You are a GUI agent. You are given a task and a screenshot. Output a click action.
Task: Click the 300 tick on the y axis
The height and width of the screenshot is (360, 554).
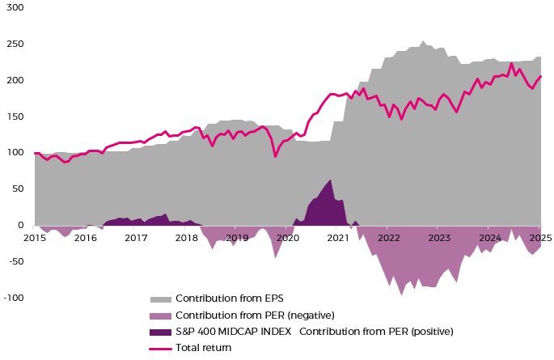pyautogui.click(x=15, y=7)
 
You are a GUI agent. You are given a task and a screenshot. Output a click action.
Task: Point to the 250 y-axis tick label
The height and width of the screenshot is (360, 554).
pyautogui.click(x=15, y=44)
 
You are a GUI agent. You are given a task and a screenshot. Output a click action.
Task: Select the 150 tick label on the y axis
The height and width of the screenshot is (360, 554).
pyautogui.click(x=15, y=116)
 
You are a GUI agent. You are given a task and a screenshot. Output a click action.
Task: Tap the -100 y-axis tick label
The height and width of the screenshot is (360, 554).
pyautogui.click(x=14, y=299)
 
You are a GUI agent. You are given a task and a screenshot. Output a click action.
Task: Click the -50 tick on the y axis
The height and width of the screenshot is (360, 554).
pyautogui.click(x=15, y=262)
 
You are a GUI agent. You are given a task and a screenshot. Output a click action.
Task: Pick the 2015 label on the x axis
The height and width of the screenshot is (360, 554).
pyautogui.click(x=35, y=238)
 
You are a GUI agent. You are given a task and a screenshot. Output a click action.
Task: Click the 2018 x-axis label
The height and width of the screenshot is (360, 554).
pyautogui.click(x=186, y=238)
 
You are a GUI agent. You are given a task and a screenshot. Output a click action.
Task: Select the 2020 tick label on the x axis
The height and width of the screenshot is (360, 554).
pyautogui.click(x=287, y=238)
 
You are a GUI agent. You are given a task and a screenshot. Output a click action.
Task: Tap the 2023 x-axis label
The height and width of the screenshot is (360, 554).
pyautogui.click(x=439, y=238)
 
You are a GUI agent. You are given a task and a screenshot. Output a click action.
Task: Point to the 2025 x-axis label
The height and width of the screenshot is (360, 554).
pyautogui.click(x=540, y=238)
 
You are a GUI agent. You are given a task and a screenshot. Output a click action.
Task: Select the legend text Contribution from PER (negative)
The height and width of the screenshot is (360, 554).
pyautogui.click(x=255, y=315)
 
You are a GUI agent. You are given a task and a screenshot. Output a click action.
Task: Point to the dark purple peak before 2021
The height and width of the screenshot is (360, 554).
pyautogui.click(x=330, y=180)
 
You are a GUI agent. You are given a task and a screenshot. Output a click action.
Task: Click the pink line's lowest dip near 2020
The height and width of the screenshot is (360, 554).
pyautogui.click(x=276, y=156)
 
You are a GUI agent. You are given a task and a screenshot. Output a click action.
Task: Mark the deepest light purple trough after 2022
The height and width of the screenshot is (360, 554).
pyautogui.click(x=401, y=294)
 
